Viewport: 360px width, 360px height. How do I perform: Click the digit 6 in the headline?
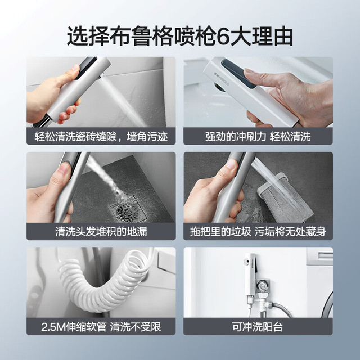(223, 37)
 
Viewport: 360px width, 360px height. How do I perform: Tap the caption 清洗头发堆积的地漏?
(101, 231)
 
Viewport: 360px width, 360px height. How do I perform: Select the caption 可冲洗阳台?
(258, 327)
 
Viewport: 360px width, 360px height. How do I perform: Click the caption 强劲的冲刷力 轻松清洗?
(258, 136)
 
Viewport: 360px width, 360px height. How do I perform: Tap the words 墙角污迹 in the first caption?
(147, 136)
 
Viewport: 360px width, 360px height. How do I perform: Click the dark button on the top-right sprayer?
(238, 73)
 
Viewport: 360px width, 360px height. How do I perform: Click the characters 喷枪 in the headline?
(195, 37)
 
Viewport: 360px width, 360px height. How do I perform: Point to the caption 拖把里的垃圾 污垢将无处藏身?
(258, 231)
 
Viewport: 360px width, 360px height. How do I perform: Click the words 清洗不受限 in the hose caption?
(136, 327)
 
